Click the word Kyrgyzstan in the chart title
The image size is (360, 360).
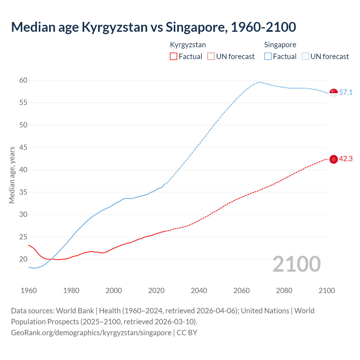tap(114, 27)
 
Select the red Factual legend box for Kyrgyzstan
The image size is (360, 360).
tap(174, 56)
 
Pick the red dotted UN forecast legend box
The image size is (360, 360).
tap(211, 56)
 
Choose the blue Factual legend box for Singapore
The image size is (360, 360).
tap(268, 56)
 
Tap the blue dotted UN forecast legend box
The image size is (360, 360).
tap(305, 56)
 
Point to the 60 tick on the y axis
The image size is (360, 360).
tap(23, 80)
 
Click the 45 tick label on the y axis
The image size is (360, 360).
tap(23, 147)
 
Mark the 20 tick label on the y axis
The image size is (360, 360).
tap(23, 259)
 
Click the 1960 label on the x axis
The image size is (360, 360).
tap(29, 291)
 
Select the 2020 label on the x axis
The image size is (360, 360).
tap(156, 291)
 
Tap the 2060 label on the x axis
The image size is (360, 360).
tap(242, 291)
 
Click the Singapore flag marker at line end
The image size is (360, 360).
tap(334, 93)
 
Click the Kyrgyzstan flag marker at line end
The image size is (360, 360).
tap(334, 159)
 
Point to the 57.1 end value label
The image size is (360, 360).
tap(346, 93)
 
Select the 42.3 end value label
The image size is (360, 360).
tap(346, 159)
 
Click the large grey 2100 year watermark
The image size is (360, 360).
tap(296, 264)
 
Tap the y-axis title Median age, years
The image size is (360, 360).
tap(12, 175)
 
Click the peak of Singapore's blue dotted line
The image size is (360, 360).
tap(259, 82)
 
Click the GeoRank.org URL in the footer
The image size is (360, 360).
tap(91, 333)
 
